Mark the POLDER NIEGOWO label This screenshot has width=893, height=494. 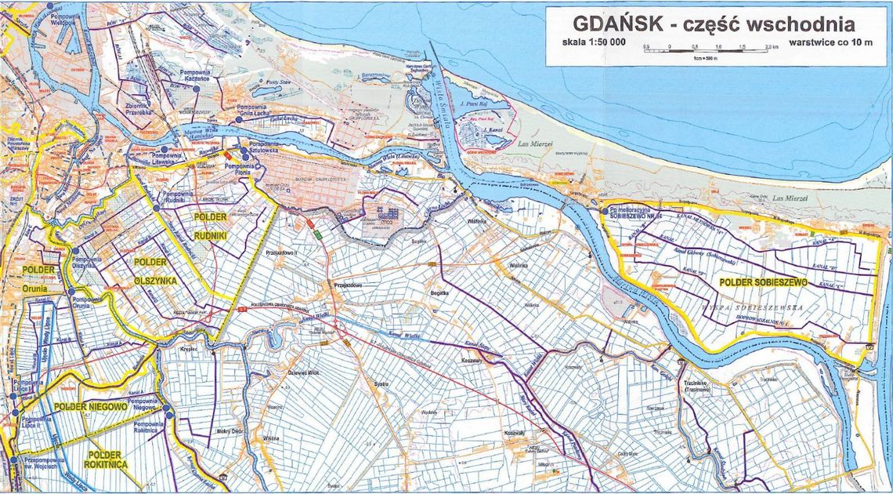tap(91, 407)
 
